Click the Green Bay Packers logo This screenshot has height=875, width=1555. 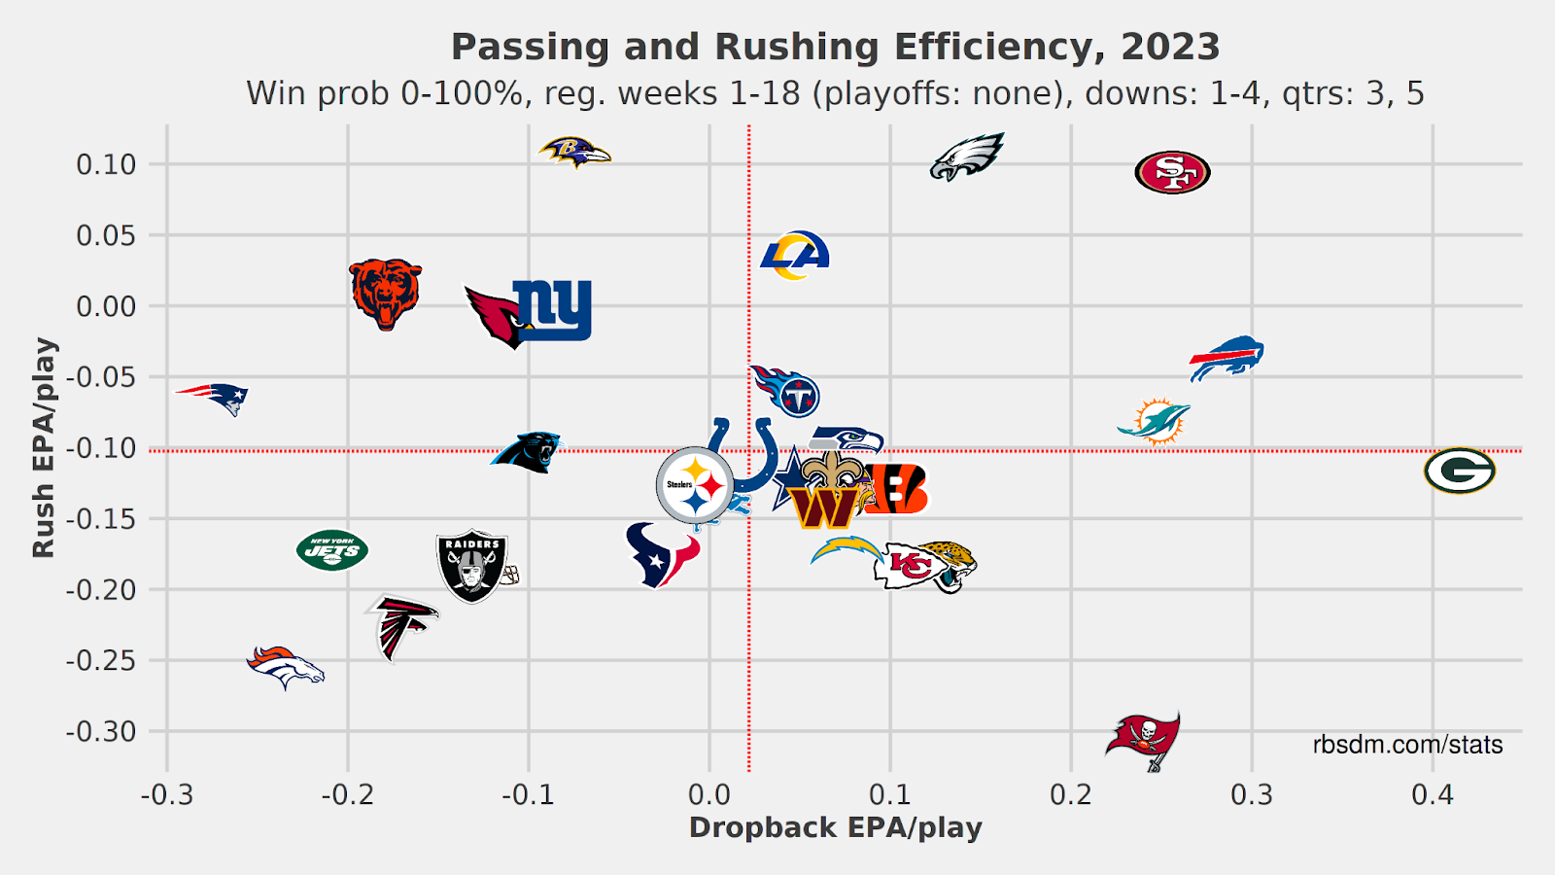click(1459, 471)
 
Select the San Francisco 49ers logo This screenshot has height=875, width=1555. click(1172, 173)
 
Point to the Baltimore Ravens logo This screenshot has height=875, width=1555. click(574, 152)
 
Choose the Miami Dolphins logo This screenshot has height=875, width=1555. click(1155, 421)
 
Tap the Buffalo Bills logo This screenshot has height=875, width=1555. click(1227, 358)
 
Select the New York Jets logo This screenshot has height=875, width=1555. click(332, 551)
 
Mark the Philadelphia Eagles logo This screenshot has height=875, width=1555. click(967, 157)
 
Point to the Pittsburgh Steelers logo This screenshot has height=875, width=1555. click(695, 485)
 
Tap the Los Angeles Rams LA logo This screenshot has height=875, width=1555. click(796, 255)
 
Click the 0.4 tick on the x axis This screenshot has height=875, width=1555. click(1432, 795)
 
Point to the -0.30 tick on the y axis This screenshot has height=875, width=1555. click(101, 732)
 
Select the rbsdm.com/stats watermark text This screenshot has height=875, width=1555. click(1407, 745)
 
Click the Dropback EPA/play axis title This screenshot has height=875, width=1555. click(835, 828)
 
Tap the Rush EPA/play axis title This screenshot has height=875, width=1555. click(45, 447)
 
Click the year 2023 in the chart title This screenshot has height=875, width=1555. click(1169, 47)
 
